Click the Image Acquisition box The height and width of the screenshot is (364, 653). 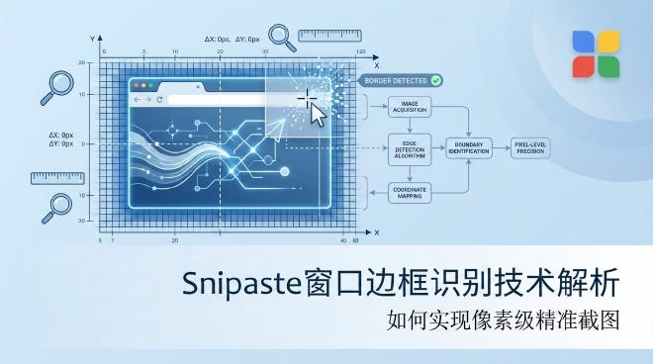409,107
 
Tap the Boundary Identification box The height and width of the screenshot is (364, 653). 470,148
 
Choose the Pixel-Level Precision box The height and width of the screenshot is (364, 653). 534,148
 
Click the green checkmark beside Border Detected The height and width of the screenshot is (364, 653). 435,78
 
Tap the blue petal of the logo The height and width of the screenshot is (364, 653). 584,41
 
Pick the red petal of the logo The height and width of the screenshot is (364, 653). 584,65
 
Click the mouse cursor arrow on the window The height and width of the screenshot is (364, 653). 318,112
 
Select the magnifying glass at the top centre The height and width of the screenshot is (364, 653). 283,38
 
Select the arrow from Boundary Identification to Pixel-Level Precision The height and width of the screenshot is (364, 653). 502,148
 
